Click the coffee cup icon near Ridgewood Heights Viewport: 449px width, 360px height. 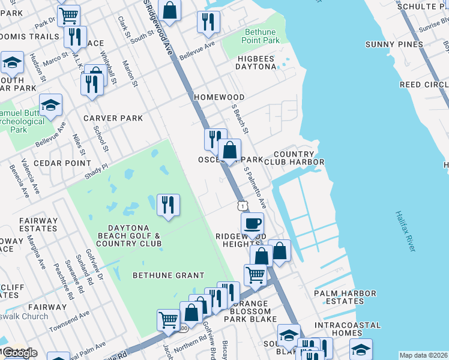[x=252, y=223]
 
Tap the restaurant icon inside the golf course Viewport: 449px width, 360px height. [x=168, y=205]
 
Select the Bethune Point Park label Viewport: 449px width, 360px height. [x=262, y=36]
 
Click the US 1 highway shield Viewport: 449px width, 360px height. [x=241, y=205]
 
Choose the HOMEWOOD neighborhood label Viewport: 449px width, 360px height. [x=218, y=97]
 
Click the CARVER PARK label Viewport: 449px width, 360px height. [x=113, y=118]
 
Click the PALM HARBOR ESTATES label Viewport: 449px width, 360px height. [x=345, y=298]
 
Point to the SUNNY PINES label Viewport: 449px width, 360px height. [x=394, y=44]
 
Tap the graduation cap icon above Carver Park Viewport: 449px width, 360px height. [x=51, y=105]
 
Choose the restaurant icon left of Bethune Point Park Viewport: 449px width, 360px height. [x=208, y=22]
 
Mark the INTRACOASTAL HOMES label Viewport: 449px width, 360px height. [x=347, y=329]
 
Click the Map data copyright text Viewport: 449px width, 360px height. [x=423, y=355]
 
